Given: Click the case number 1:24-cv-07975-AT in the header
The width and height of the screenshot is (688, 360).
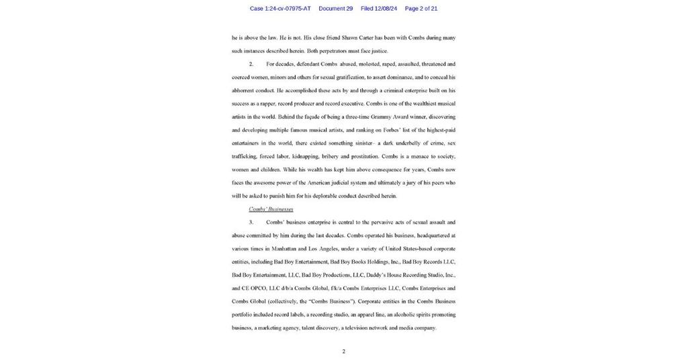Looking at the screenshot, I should [x=280, y=9].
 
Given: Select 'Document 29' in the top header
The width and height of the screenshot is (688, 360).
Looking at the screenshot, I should [x=335, y=9].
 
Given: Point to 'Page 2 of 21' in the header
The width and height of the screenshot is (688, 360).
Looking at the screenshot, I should [x=421, y=9].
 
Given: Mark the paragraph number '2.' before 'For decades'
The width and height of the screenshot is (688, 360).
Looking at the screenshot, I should [x=251, y=64].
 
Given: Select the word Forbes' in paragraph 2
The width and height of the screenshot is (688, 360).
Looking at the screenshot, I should [x=382, y=130].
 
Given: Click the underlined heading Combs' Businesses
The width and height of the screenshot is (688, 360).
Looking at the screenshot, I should [x=271, y=209].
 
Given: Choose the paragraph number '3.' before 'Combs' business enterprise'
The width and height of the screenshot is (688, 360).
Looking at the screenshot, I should [x=251, y=222].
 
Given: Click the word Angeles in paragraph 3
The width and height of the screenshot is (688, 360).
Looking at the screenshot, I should [x=327, y=249].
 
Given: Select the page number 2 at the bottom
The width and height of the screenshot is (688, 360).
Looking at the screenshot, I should [x=343, y=351].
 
